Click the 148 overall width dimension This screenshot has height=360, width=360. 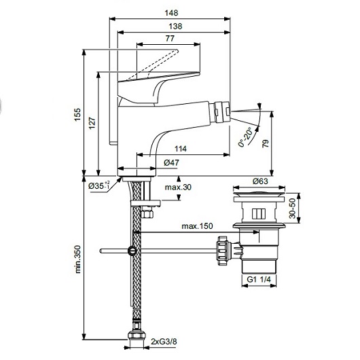click(x=171, y=13)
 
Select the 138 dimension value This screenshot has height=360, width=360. click(x=175, y=26)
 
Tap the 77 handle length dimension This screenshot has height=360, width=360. click(x=170, y=38)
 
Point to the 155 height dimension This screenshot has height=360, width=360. click(x=77, y=115)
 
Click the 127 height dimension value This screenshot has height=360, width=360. click(x=92, y=124)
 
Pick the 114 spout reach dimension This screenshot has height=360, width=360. click(x=181, y=149)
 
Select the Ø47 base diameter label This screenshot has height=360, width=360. click(x=171, y=163)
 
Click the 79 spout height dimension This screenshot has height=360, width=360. click(x=266, y=144)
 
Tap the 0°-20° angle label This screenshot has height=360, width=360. click(x=245, y=137)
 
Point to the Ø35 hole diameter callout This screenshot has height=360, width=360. click(x=99, y=185)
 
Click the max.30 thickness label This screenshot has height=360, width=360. click(x=178, y=187)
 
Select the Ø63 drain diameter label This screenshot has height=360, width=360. click(x=260, y=181)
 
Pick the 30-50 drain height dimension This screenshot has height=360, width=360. click(x=293, y=209)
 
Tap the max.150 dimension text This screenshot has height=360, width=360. click(x=197, y=226)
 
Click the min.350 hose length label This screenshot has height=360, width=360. click(x=77, y=259)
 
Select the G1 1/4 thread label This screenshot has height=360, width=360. click(x=259, y=279)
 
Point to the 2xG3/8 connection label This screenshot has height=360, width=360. click(x=164, y=342)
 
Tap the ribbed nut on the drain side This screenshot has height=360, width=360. click(x=223, y=251)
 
